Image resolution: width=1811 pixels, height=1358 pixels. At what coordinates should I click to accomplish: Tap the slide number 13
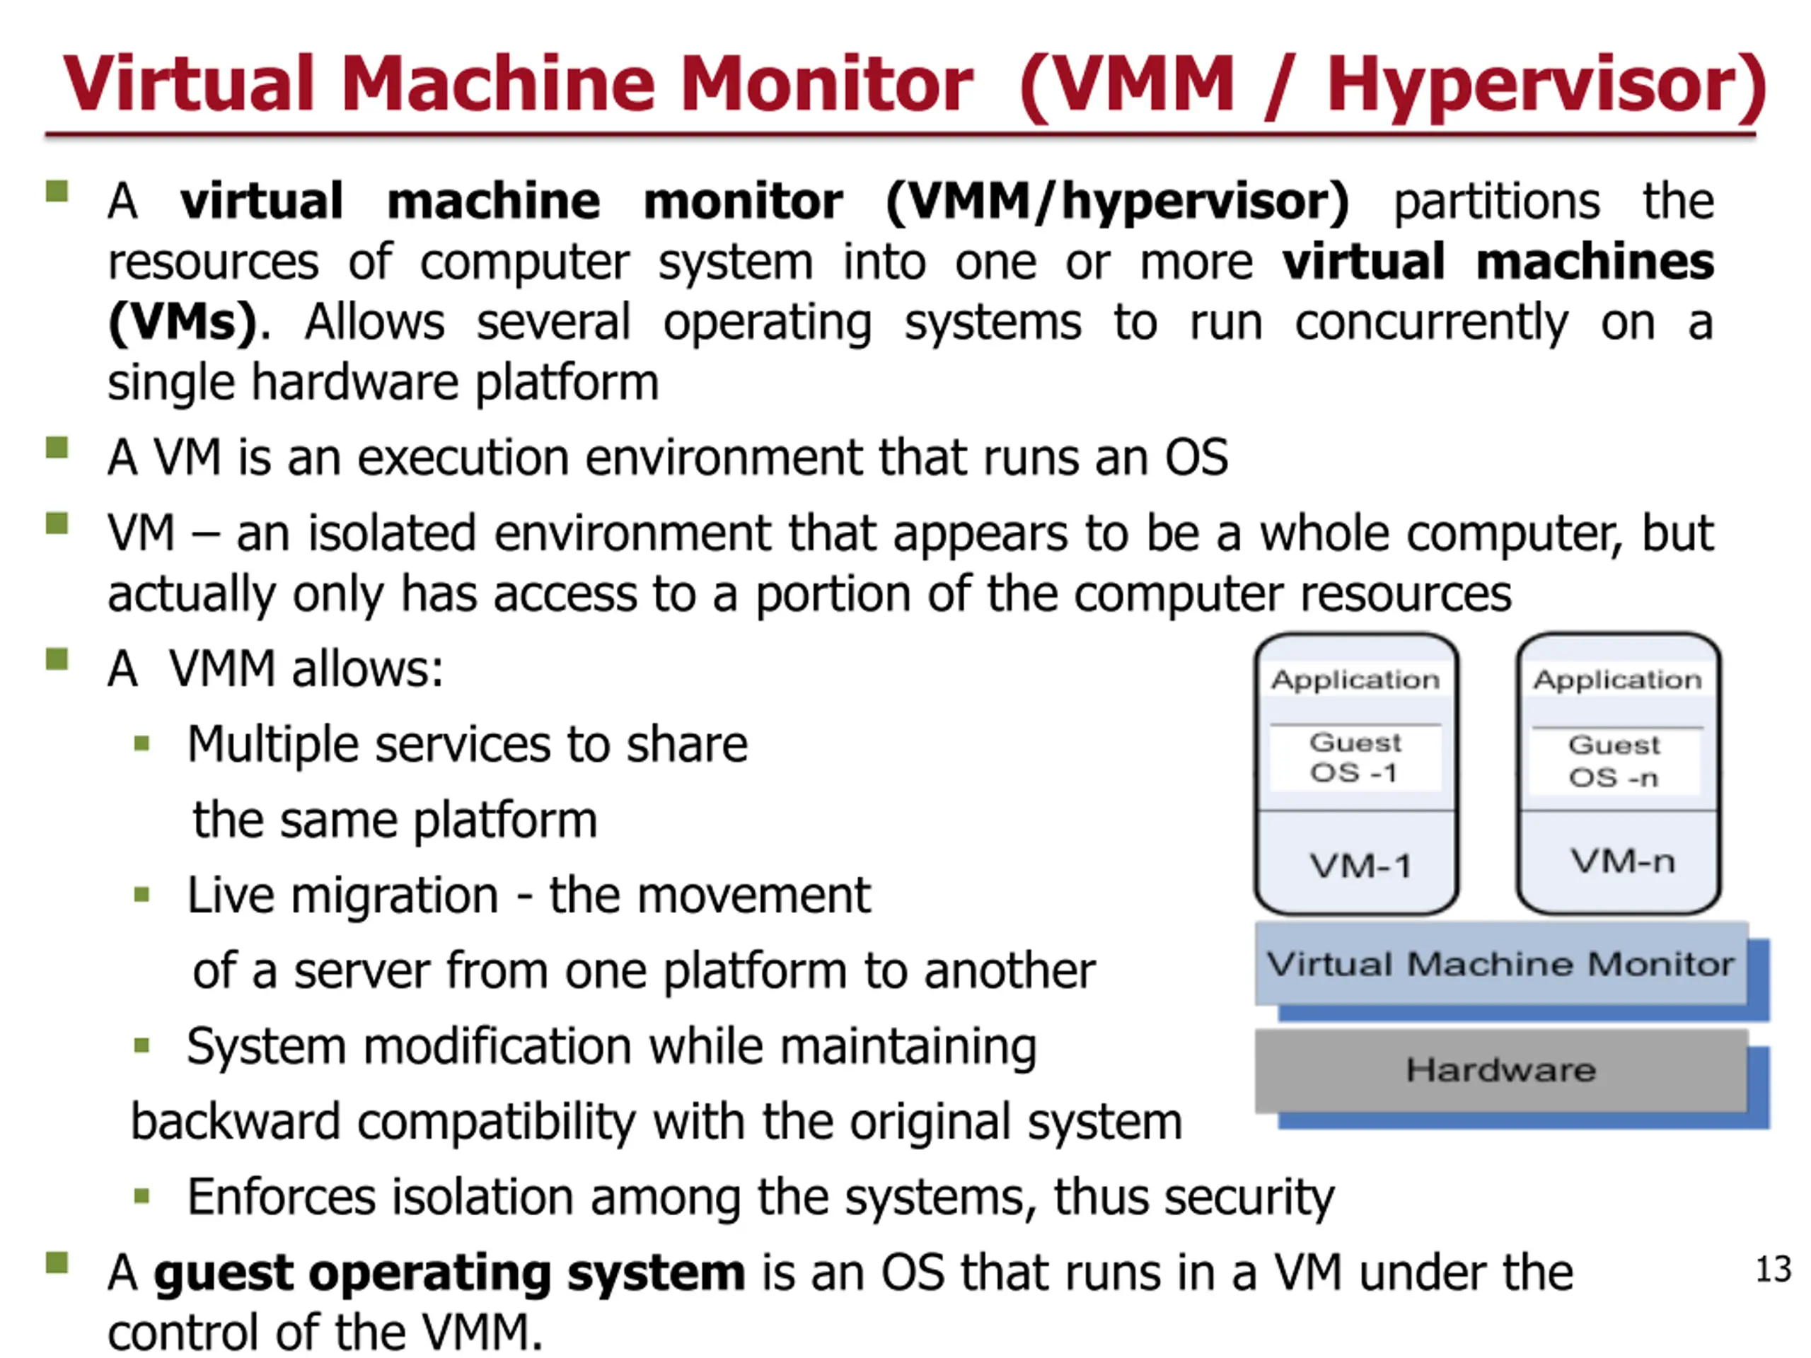pyautogui.click(x=1774, y=1270)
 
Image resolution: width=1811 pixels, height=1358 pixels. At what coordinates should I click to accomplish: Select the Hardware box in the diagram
pyautogui.click(x=1500, y=1070)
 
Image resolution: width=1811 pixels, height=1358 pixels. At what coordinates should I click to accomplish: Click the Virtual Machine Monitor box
pyautogui.click(x=1500, y=964)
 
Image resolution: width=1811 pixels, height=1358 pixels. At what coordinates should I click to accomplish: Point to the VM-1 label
pyautogui.click(x=1360, y=866)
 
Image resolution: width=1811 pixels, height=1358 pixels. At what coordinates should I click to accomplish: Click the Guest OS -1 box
pyautogui.click(x=1355, y=758)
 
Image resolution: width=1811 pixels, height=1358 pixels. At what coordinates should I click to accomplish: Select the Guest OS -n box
pyautogui.click(x=1614, y=761)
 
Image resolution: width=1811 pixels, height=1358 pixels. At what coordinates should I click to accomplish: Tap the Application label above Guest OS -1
pyautogui.click(x=1355, y=680)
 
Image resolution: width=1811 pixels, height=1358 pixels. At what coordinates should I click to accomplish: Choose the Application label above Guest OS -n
pyautogui.click(x=1617, y=680)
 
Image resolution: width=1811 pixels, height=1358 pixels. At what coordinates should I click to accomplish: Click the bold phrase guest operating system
pyautogui.click(x=449, y=1274)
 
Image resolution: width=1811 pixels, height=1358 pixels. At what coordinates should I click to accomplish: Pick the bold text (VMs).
pyautogui.click(x=182, y=323)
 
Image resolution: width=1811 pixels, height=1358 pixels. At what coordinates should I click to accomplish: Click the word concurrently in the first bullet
pyautogui.click(x=1431, y=323)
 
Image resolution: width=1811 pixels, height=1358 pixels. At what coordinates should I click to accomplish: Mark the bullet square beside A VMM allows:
pyautogui.click(x=57, y=659)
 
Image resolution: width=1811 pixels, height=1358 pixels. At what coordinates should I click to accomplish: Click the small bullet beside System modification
pyautogui.click(x=141, y=1045)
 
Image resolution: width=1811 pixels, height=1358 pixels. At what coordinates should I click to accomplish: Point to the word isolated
pyautogui.click(x=392, y=534)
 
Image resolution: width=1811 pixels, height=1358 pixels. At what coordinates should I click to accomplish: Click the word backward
pyautogui.click(x=235, y=1122)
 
